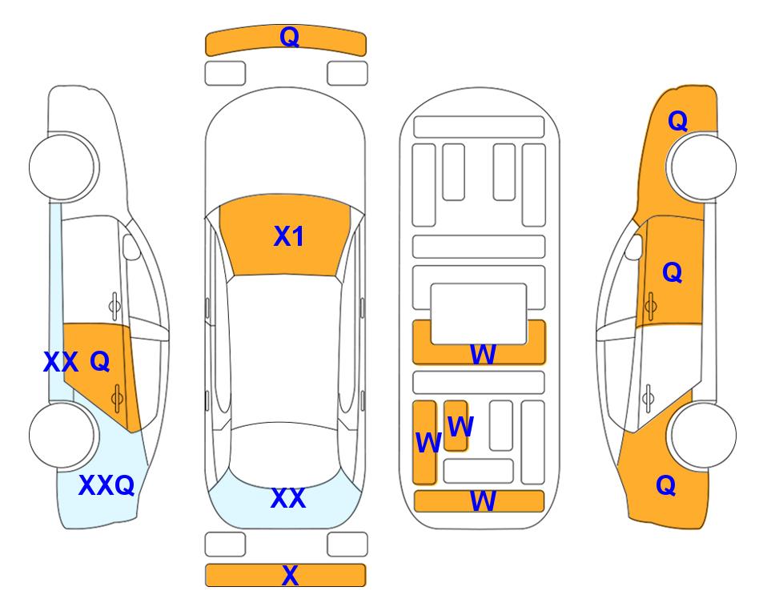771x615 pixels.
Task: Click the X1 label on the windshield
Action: tap(289, 236)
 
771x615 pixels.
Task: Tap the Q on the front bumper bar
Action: tap(289, 36)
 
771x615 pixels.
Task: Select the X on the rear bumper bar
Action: tap(290, 575)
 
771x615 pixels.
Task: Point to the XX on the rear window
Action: tap(288, 498)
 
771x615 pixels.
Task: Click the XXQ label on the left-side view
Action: tap(106, 485)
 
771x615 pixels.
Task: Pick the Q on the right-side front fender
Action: tap(677, 121)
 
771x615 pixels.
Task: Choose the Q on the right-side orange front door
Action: tap(673, 272)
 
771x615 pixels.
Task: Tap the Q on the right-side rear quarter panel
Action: tap(666, 485)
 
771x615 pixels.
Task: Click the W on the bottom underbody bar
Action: tap(483, 501)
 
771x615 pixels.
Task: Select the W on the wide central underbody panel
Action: tap(483, 354)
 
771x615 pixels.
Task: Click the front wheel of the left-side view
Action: tap(62, 167)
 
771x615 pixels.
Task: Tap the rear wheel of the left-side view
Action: tap(62, 435)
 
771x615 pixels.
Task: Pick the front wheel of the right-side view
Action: tap(703, 167)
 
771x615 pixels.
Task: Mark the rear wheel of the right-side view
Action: tap(703, 435)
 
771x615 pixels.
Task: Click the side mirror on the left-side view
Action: tap(131, 247)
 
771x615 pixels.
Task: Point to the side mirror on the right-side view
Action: tap(634, 247)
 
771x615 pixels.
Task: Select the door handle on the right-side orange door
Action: tap(651, 306)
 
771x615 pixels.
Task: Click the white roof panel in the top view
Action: tap(284, 350)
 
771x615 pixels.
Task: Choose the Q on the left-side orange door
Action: tap(100, 362)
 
